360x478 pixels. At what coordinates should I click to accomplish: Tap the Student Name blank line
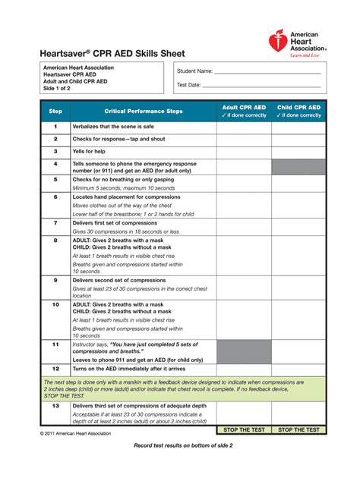click(269, 73)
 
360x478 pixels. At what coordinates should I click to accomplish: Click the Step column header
click(55, 111)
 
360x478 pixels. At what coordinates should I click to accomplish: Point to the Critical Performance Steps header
click(143, 111)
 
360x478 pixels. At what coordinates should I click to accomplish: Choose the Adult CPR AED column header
click(244, 112)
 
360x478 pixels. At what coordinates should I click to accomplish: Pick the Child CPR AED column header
click(298, 112)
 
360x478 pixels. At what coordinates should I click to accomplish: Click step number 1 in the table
click(55, 127)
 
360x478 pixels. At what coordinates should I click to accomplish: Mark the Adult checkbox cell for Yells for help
click(244, 152)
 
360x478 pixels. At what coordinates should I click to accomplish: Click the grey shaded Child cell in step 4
click(298, 167)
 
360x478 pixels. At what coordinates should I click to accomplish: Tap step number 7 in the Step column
click(55, 223)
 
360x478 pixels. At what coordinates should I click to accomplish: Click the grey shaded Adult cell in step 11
click(244, 351)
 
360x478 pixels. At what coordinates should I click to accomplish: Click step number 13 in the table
click(55, 406)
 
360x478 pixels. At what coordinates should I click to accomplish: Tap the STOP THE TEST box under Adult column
click(244, 429)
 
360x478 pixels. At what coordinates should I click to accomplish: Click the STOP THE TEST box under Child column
click(298, 429)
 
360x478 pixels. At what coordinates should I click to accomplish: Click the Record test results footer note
click(183, 445)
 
